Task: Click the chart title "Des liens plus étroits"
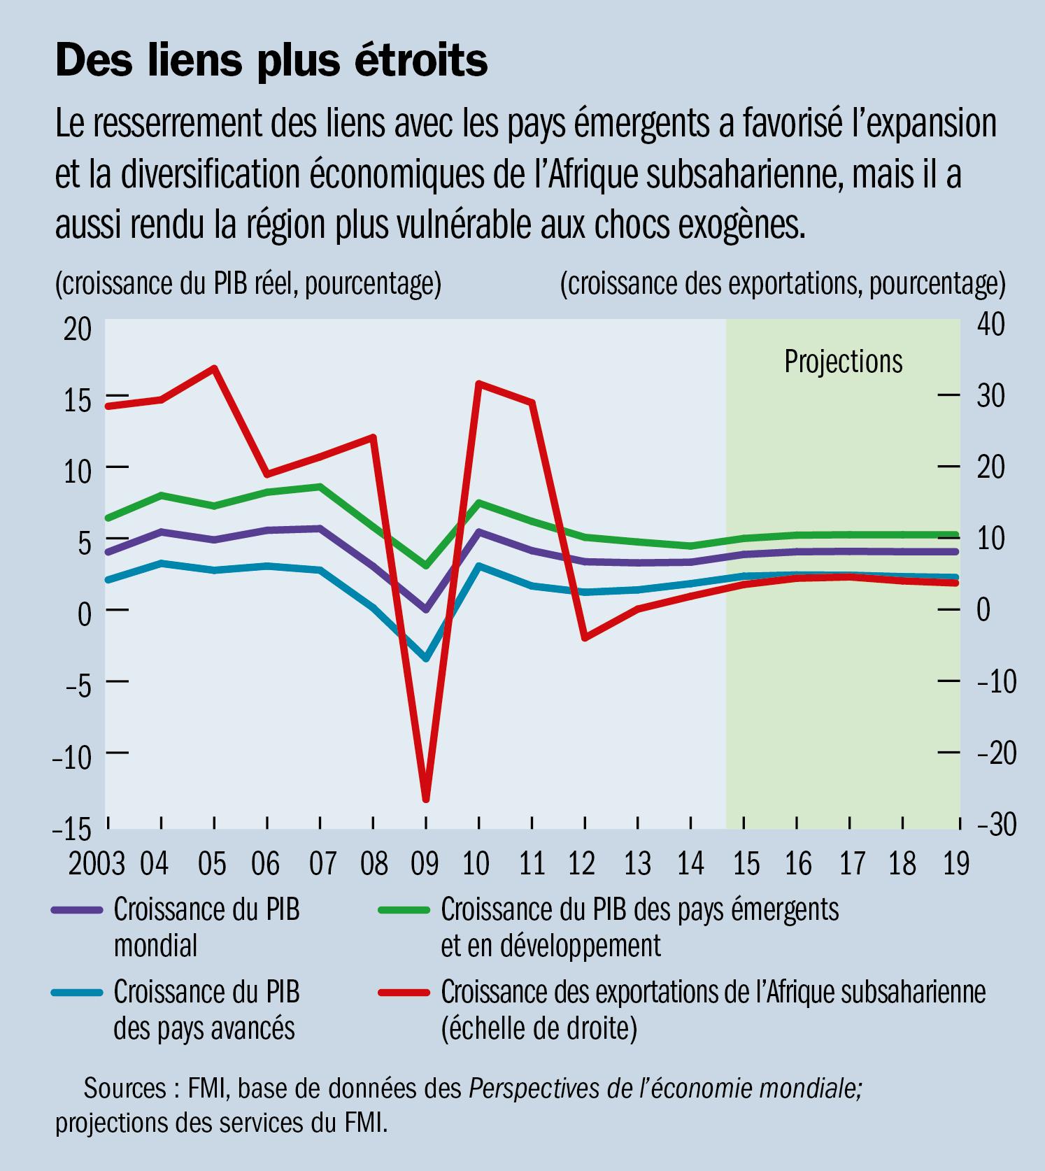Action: [x=271, y=60]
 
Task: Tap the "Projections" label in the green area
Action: [x=843, y=362]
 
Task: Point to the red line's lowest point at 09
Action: [x=425, y=798]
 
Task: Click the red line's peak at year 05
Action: [x=215, y=368]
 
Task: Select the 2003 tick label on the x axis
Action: [x=97, y=865]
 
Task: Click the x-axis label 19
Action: [x=956, y=865]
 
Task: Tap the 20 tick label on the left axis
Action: [x=77, y=329]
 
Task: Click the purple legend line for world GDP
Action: [x=76, y=910]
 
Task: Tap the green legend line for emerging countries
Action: [x=404, y=910]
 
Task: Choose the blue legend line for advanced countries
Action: [x=76, y=992]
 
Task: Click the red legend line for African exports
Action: [x=404, y=992]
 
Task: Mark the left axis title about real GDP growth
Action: [x=248, y=284]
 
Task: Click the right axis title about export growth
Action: [x=782, y=284]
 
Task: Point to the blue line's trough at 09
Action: [x=425, y=658]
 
